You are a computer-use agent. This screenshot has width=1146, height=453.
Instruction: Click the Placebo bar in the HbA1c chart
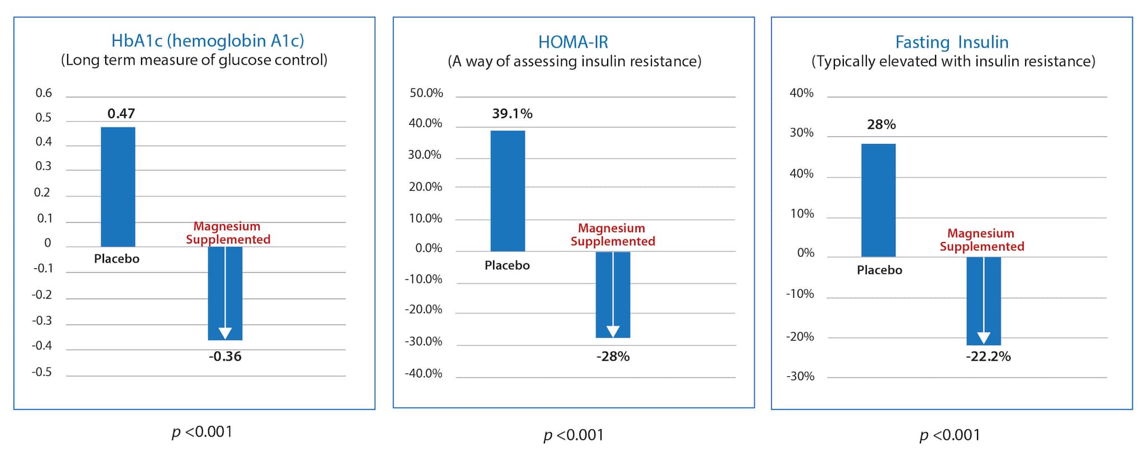tap(118, 186)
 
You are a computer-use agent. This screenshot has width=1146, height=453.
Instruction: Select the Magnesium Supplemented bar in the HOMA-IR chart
tap(613, 294)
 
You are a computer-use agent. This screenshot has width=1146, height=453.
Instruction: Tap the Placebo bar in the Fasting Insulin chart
tap(878, 200)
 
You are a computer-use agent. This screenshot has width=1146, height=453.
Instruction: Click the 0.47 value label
tap(121, 114)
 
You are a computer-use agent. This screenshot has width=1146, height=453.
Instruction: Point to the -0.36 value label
tap(225, 356)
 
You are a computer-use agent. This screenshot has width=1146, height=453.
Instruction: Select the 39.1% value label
tap(512, 114)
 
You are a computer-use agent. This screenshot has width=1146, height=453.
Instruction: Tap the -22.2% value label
tap(988, 357)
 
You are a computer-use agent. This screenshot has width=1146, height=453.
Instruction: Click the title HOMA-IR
tap(573, 42)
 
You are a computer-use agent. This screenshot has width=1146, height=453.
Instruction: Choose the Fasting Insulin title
tap(951, 42)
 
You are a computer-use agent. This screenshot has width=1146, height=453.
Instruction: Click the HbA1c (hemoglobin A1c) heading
tap(208, 40)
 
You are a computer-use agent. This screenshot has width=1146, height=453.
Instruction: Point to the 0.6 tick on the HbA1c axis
tap(44, 93)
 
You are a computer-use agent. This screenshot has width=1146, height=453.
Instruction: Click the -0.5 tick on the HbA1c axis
tap(41, 372)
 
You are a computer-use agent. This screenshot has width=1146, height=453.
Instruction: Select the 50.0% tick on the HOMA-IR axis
tap(426, 93)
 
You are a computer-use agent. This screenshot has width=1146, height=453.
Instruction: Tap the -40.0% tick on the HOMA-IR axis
tap(424, 373)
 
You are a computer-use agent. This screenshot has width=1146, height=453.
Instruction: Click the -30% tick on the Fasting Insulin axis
tap(800, 376)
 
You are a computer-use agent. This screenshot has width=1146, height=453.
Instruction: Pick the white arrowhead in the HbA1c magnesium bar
tap(225, 333)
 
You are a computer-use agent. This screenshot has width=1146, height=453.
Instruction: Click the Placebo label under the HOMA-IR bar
tap(507, 265)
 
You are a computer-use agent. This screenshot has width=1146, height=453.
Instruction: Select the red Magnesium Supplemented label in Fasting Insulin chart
tap(981, 240)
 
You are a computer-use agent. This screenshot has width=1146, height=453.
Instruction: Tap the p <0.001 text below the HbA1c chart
tap(201, 432)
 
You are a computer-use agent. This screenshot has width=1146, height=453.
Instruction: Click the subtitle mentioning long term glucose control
tap(194, 60)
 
